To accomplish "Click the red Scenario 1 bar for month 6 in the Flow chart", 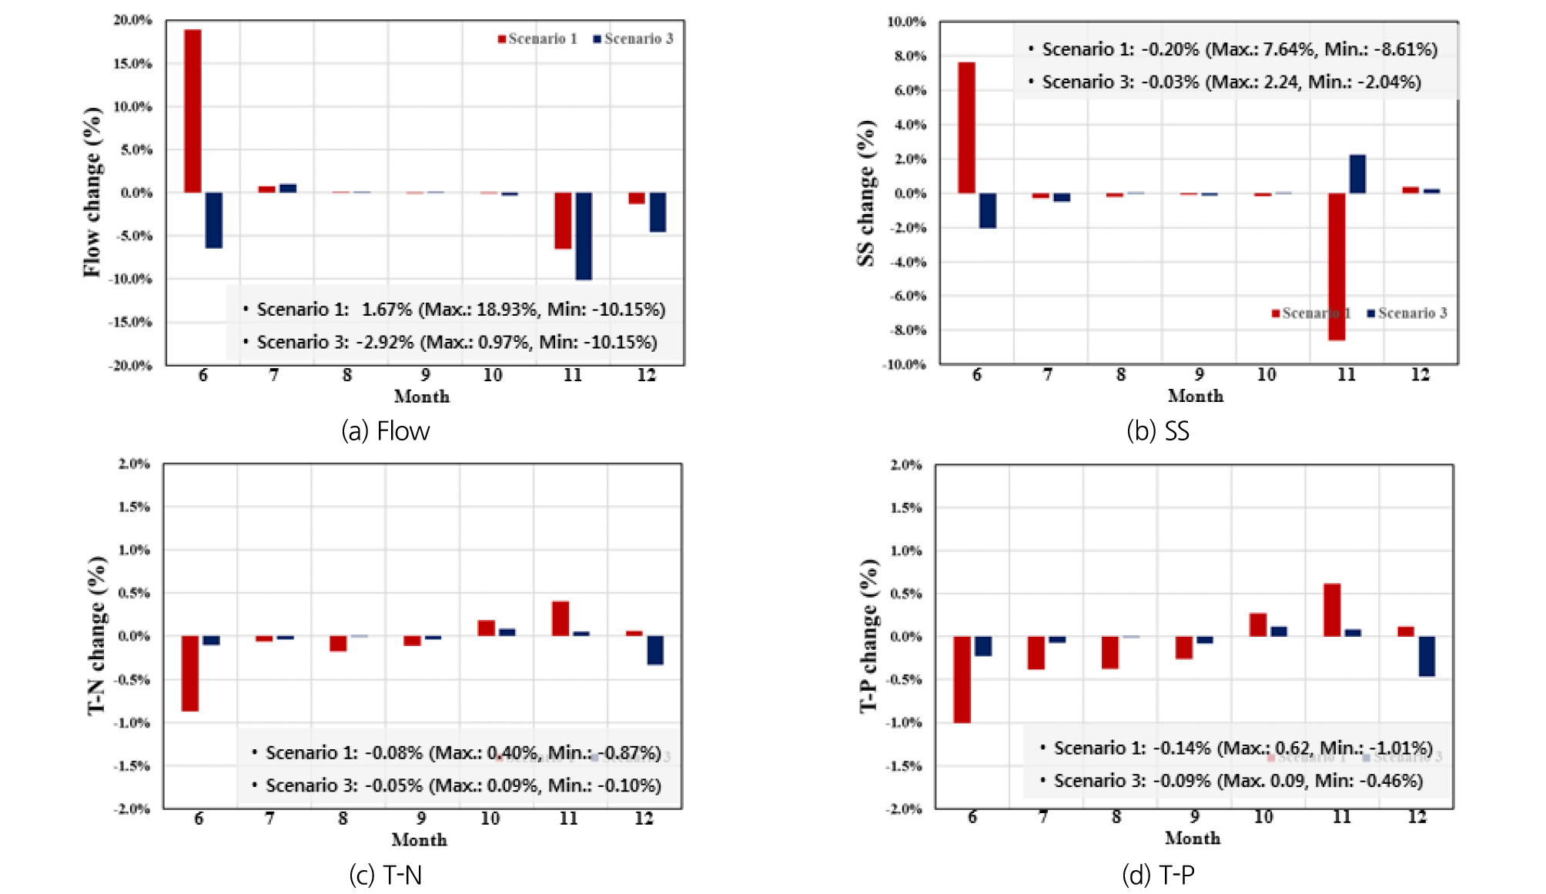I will (192, 111).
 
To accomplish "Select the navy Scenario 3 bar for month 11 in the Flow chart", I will (584, 236).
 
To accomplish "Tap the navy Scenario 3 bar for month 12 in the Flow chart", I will (658, 212).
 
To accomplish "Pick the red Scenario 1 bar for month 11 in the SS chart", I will (1337, 266).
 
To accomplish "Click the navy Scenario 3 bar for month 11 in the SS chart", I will (1357, 174).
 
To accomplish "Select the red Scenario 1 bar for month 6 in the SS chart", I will (966, 128).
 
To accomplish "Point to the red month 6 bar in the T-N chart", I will (190, 673).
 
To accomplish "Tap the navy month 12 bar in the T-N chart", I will (655, 650).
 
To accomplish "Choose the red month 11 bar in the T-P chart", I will (1332, 610).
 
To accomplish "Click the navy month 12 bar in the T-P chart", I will (1427, 656).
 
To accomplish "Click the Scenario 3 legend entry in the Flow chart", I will (633, 39).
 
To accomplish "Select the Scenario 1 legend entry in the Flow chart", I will (537, 39).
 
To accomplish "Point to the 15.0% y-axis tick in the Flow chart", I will (132, 63).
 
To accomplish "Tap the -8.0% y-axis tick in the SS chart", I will (908, 330).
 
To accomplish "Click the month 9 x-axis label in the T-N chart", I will (421, 818).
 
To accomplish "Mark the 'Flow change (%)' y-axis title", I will (92, 192).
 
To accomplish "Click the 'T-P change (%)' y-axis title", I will (868, 635).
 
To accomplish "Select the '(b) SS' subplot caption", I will (1157, 430).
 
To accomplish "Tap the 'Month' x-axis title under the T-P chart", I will (1193, 838).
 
